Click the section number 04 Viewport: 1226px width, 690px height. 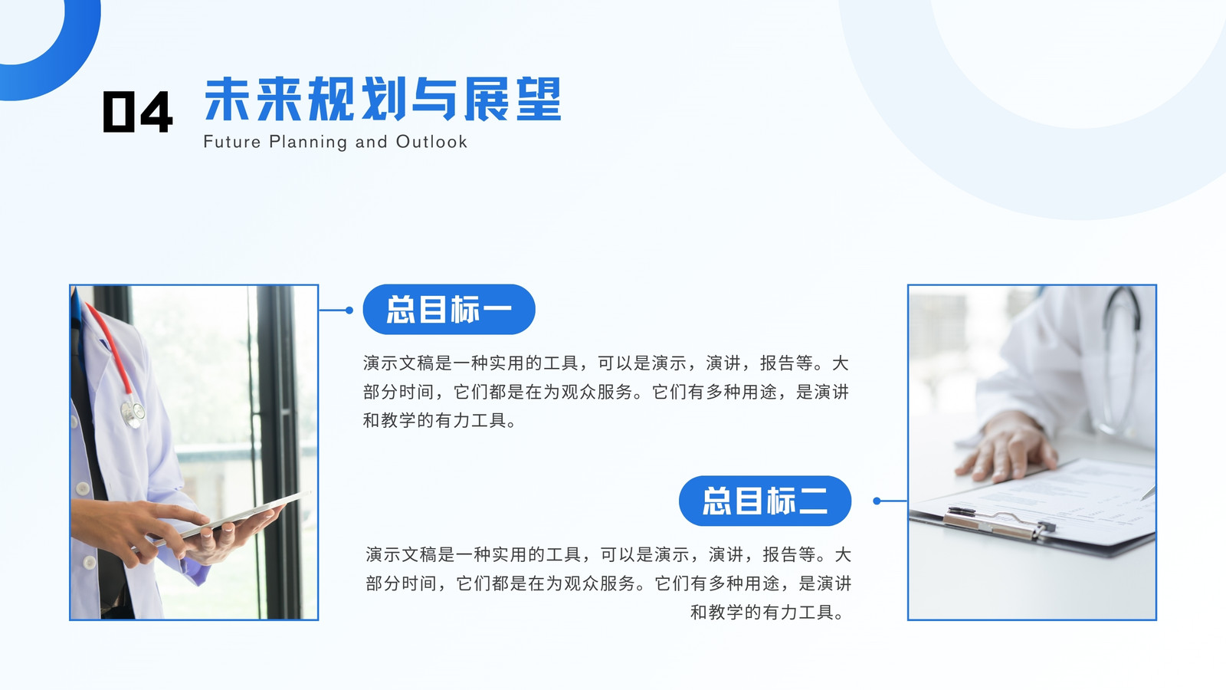pyautogui.click(x=138, y=111)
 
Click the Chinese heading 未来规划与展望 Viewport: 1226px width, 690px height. pyautogui.click(x=382, y=99)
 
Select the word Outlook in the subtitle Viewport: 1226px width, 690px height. pyautogui.click(x=431, y=142)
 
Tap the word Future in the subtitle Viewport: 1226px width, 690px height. pyautogui.click(x=232, y=142)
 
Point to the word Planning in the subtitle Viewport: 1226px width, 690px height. pyautogui.click(x=308, y=143)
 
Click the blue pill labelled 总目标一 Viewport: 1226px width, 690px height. pyautogui.click(x=449, y=310)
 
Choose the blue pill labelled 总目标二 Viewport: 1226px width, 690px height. pyautogui.click(x=765, y=501)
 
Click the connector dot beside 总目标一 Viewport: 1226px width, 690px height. pyautogui.click(x=349, y=310)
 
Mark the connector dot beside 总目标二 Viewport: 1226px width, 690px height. pyautogui.click(x=877, y=501)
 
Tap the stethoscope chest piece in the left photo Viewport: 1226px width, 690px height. pyautogui.click(x=133, y=413)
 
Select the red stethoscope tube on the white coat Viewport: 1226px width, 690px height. pyautogui.click(x=110, y=350)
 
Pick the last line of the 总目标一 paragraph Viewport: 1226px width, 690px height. pyautogui.click(x=440, y=421)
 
